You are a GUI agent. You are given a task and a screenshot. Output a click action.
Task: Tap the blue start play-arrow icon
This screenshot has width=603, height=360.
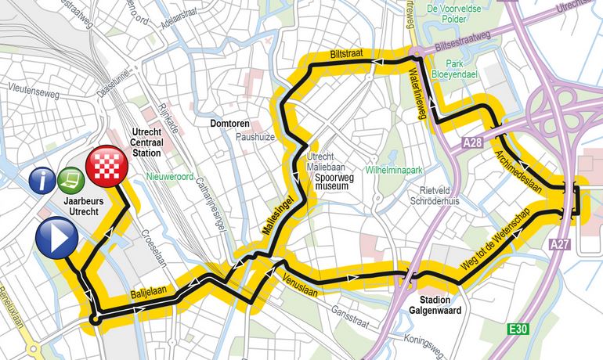[x=56, y=238]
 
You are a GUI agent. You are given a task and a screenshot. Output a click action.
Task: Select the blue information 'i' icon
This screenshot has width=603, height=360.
[x=42, y=182]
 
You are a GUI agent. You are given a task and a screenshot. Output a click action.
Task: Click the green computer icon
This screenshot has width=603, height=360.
[x=71, y=182]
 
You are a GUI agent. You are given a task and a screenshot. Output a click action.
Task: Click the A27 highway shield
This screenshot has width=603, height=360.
[x=558, y=245]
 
